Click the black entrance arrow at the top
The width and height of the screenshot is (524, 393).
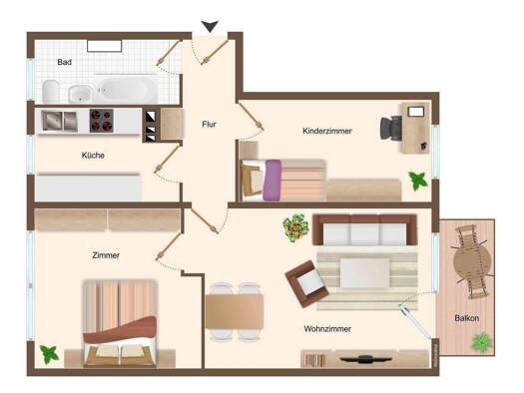[x=210, y=26]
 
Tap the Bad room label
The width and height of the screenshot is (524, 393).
[x=64, y=62]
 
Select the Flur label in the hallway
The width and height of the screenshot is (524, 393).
[x=209, y=125]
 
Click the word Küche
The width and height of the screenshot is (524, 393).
[x=93, y=156]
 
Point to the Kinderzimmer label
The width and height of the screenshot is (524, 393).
[x=327, y=131]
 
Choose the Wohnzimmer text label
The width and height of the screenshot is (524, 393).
[x=327, y=329]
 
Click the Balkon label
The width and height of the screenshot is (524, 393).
[x=467, y=318]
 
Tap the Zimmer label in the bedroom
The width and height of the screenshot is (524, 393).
[x=106, y=255]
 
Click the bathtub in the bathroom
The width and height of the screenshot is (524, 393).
[x=128, y=90]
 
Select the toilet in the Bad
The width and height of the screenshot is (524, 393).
[x=51, y=92]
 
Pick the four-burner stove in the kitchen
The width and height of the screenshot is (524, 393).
[x=101, y=121]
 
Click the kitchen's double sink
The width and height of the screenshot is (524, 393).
[x=60, y=121]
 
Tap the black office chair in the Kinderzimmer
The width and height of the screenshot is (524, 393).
[x=391, y=128]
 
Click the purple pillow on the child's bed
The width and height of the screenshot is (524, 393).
[x=272, y=181]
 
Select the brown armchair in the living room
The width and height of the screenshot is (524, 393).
[x=306, y=284]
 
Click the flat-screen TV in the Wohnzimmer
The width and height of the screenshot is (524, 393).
[x=365, y=359]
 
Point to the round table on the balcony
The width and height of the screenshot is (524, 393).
[x=472, y=262]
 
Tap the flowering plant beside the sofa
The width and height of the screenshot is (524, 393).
[x=295, y=227]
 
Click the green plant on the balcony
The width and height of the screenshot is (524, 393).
[x=482, y=342]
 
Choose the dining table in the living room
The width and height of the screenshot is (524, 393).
[x=235, y=311]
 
